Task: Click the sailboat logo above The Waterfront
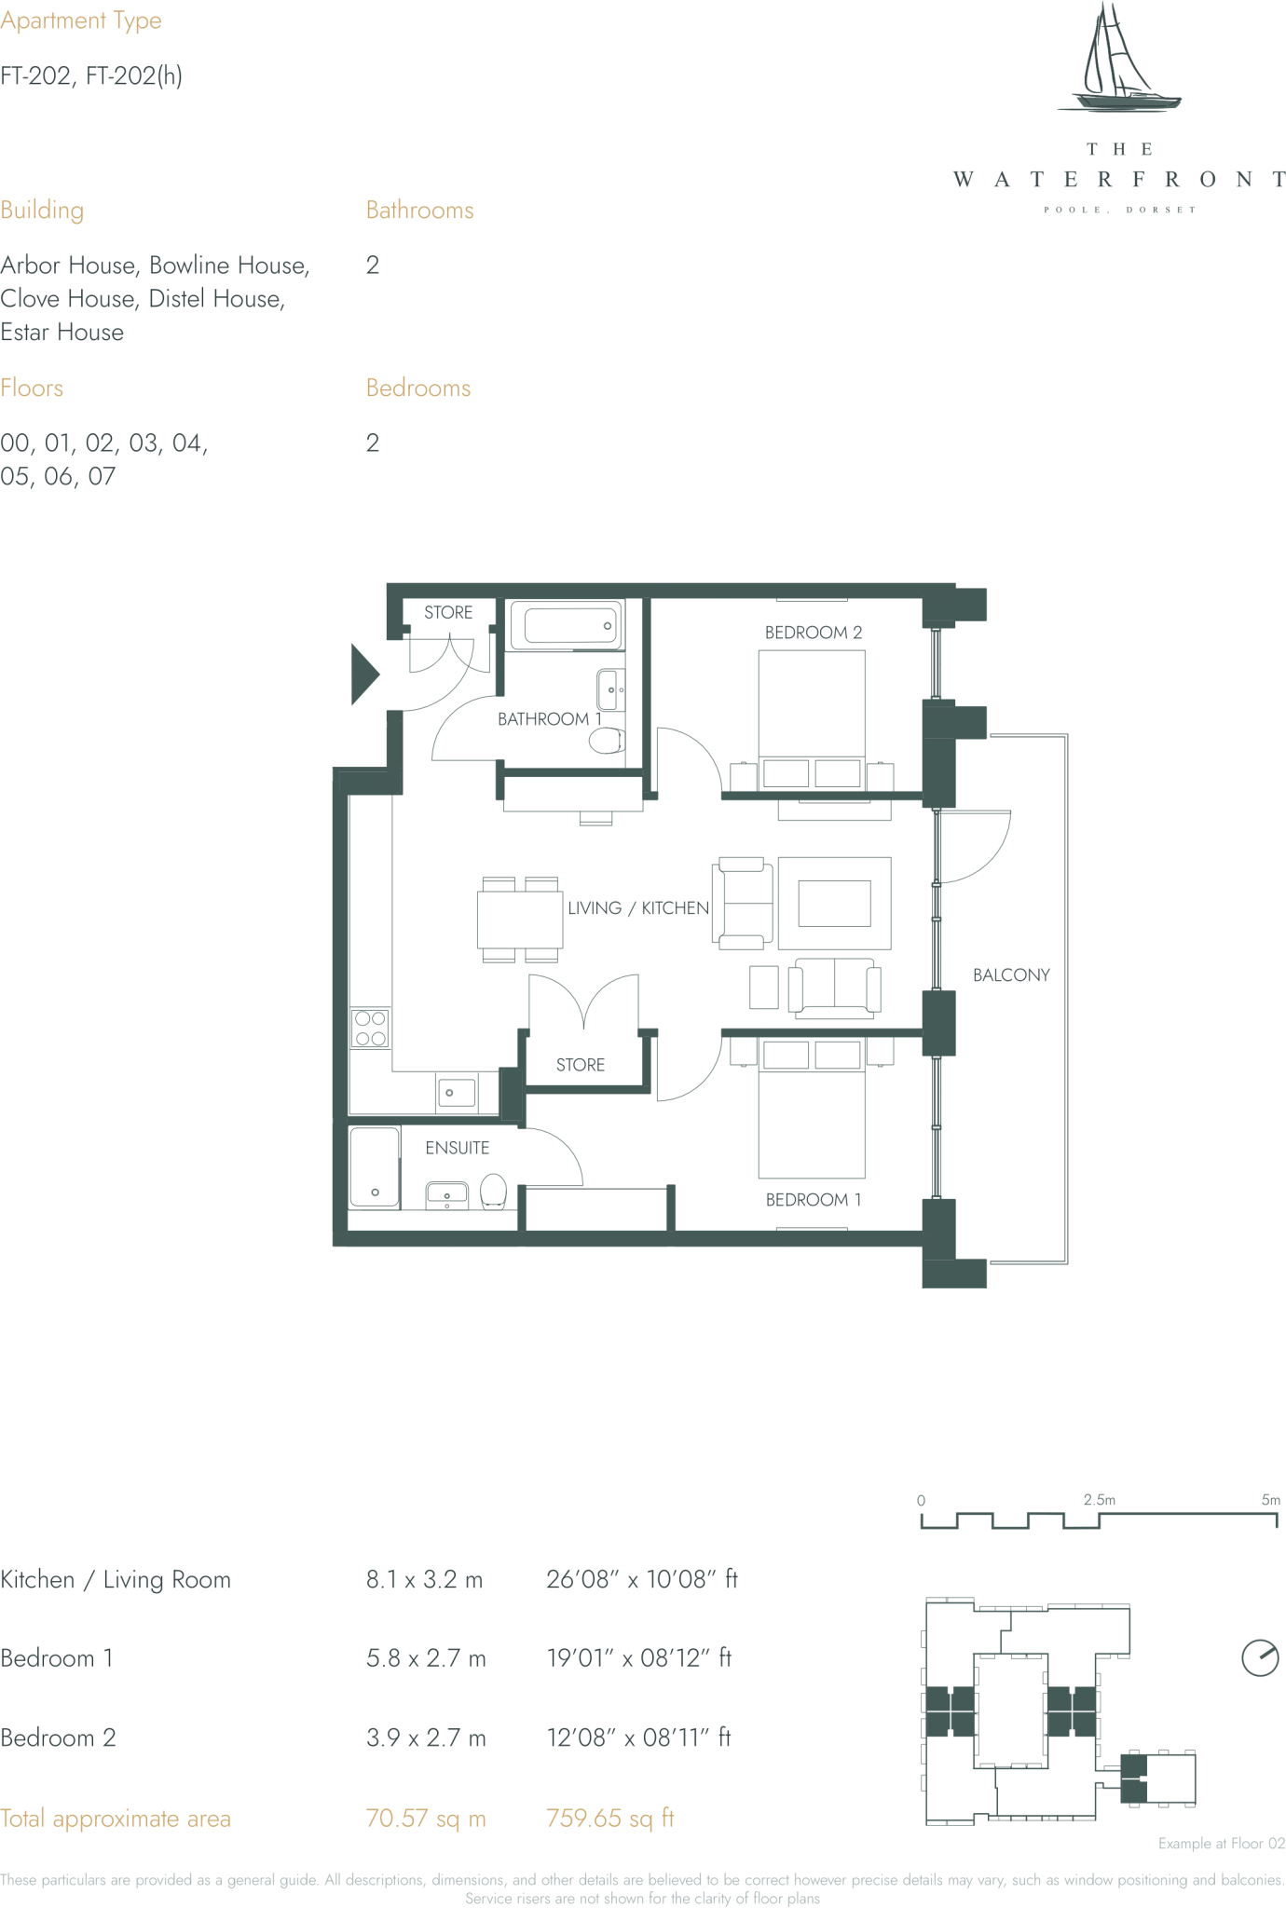pos(1118,61)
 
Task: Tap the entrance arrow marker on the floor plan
pos(363,674)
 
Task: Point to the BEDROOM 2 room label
pos(813,633)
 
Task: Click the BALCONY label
pos(1010,975)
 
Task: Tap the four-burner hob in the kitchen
pos(370,1029)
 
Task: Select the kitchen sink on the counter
pos(456,1091)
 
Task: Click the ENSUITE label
pos(457,1148)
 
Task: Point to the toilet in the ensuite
pos(493,1191)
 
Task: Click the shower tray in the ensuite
pos(374,1167)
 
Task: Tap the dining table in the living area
pos(520,920)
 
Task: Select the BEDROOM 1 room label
pos(813,1200)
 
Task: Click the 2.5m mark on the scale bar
pos(1099,1500)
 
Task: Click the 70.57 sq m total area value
pos(425,1819)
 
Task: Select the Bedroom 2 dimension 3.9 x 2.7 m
pos(425,1738)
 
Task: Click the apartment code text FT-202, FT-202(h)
pos(90,75)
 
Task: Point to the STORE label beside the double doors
pos(580,1065)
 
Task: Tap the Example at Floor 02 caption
pos(1221,1843)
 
